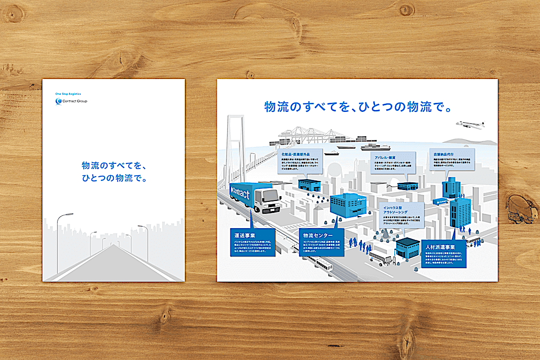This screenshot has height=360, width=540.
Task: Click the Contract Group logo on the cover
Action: click(71, 101)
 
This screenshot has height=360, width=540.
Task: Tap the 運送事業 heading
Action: click(246, 236)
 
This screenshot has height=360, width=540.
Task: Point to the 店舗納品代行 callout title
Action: click(445, 155)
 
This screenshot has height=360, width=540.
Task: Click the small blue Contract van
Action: click(440, 201)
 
